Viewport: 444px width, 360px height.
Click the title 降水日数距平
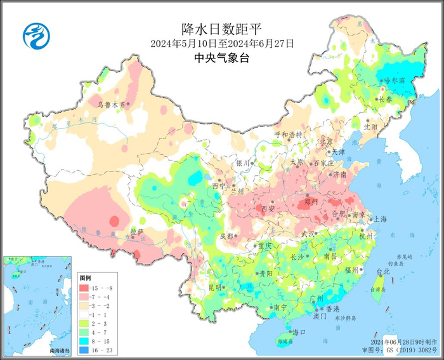click(221, 29)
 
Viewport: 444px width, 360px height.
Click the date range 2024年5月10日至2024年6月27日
click(222, 44)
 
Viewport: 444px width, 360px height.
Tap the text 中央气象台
click(221, 59)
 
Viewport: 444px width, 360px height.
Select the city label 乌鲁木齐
click(111, 104)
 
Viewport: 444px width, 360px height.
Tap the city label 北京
click(326, 141)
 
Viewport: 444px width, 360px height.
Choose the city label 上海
click(381, 218)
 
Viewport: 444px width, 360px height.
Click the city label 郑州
click(311, 202)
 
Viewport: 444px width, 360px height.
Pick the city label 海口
click(299, 332)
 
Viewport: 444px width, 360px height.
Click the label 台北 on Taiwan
click(384, 271)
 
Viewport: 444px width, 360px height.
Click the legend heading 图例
click(86, 278)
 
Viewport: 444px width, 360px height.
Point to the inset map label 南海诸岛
click(61, 350)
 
